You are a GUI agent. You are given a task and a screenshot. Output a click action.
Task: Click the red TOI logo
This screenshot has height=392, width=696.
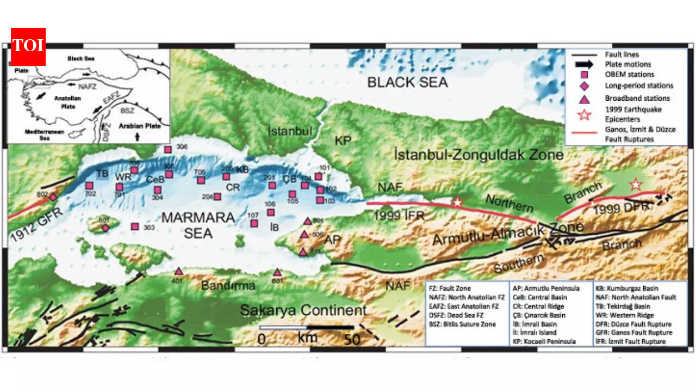point(28,46)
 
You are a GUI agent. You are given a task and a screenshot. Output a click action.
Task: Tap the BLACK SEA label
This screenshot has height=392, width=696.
point(407,83)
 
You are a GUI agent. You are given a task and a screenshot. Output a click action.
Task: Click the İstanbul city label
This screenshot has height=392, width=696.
point(290,131)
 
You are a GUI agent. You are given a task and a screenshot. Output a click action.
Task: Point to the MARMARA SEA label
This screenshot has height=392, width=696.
point(198,225)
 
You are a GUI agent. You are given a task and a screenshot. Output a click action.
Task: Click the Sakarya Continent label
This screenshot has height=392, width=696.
point(303,311)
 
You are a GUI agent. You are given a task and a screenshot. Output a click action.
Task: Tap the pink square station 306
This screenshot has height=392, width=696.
point(168,149)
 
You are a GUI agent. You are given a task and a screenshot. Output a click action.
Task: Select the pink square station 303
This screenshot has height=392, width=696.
point(135,226)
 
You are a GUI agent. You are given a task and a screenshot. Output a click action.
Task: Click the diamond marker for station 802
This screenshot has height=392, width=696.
point(53,197)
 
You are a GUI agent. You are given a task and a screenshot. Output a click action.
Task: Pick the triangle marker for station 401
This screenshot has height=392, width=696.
point(178,271)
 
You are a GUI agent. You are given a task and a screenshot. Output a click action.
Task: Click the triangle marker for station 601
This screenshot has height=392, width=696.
point(277,272)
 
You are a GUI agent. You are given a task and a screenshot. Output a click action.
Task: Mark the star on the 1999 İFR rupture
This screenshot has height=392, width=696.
point(457,202)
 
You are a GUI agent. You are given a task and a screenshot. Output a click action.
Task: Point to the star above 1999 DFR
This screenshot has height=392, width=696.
point(635,185)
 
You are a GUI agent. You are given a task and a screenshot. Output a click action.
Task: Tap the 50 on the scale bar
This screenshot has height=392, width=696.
point(352,340)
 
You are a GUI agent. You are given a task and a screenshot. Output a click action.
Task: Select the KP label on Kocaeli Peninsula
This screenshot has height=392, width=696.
point(343,140)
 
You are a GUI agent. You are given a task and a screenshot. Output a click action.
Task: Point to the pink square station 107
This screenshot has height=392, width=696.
point(254,223)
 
